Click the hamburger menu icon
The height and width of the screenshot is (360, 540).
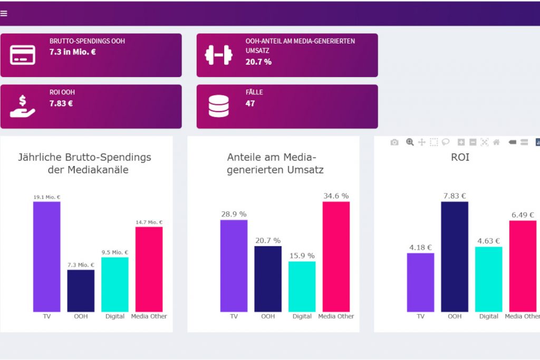click(x=4, y=14)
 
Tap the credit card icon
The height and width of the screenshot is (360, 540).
click(x=23, y=55)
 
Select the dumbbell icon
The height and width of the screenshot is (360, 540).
click(x=218, y=55)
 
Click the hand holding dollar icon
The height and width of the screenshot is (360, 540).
click(x=23, y=106)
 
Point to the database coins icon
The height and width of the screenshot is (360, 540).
click(x=218, y=106)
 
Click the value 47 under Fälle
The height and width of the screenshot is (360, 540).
click(x=250, y=103)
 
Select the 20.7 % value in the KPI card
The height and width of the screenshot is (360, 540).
click(x=258, y=62)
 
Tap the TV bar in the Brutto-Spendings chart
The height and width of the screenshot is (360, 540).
click(x=47, y=257)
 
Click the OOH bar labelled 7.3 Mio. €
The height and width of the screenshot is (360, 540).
click(x=81, y=290)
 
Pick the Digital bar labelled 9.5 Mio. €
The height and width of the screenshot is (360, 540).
click(x=115, y=284)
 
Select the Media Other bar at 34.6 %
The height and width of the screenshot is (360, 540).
click(x=336, y=257)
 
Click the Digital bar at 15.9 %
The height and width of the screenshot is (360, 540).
click(x=302, y=286)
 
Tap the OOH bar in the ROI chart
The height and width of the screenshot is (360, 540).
click(x=455, y=257)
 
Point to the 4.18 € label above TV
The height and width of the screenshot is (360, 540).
click(x=420, y=247)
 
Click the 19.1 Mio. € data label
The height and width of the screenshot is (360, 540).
click(x=47, y=197)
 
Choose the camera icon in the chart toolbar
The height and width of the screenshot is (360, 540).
click(x=394, y=142)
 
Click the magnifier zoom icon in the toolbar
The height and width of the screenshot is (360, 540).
click(x=410, y=142)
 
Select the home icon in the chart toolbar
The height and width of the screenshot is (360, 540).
click(x=496, y=142)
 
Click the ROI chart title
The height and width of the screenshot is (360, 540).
click(x=460, y=157)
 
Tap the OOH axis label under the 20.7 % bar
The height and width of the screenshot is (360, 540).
click(x=268, y=316)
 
